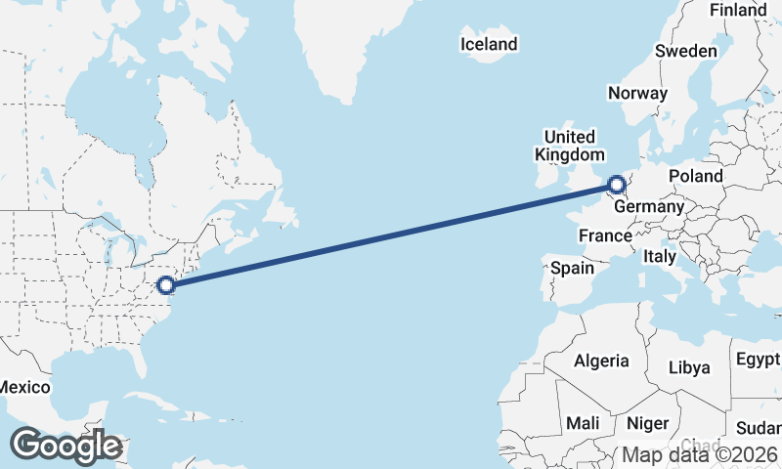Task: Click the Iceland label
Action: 489,44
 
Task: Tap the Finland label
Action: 738,10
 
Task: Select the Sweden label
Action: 685,51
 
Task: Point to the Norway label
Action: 637,93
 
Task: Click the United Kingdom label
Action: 569,146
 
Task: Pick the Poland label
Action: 695,176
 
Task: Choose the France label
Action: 605,235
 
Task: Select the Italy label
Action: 660,256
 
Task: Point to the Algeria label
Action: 601,361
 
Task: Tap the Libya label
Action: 689,367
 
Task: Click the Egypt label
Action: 758,360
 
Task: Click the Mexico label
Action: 23,387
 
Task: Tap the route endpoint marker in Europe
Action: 617,184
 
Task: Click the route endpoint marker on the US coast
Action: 166,285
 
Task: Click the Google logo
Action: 65,446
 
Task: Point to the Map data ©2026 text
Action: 700,454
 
